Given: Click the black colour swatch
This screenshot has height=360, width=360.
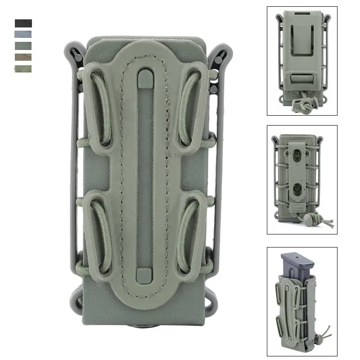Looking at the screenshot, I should click(23, 23).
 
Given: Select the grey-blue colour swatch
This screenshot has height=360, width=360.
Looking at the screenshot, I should click(23, 35).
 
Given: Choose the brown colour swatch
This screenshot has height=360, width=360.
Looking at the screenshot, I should click(23, 57).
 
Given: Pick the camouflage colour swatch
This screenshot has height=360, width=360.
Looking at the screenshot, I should click(23, 69).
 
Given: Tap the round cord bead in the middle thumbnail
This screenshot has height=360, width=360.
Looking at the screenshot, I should click(310, 219).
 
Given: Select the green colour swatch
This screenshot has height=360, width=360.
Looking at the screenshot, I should click(23, 46).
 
